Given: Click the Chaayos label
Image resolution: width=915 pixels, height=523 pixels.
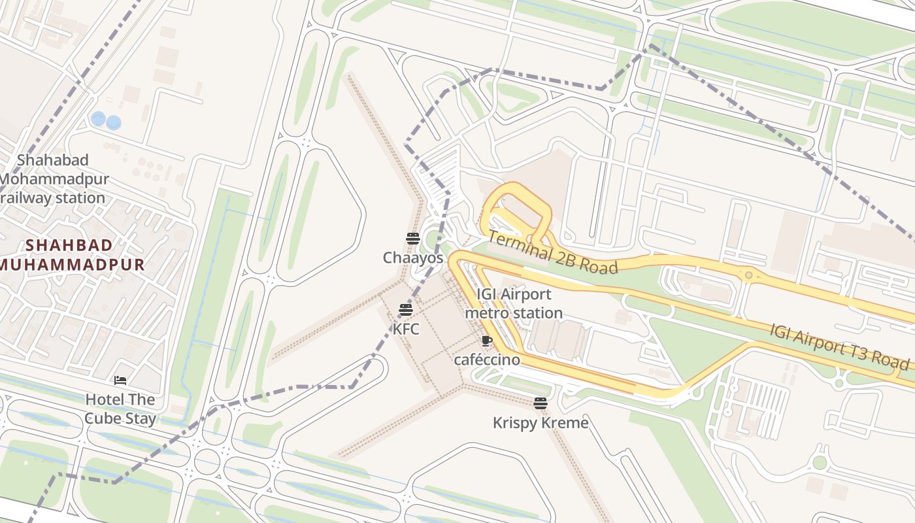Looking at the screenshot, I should pos(413,258).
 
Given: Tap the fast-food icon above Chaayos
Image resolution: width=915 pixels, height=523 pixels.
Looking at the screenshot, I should pos(412,239).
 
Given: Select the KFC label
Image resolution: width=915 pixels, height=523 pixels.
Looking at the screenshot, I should pos(406,329).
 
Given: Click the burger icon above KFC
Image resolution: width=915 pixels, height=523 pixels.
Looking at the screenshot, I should pos(406,309).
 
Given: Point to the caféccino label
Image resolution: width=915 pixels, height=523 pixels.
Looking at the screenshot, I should pos(487,360).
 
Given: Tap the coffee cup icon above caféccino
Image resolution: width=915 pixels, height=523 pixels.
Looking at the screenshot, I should pos(486,341).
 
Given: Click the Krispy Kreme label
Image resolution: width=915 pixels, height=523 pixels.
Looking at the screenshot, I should pos(541,423).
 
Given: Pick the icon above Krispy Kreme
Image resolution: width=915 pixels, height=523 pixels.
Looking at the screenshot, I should pos(540,403).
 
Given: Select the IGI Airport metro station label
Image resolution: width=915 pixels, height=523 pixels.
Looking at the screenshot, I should pos(514,303).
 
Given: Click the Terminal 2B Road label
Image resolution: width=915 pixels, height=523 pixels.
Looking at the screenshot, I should pos(552,253).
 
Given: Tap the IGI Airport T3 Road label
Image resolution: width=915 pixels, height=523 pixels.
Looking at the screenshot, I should pos(839,346).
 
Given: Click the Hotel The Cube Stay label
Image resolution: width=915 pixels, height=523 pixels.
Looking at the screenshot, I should pos(121,409).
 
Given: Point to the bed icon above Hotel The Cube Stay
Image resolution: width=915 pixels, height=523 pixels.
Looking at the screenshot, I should pos(120,380).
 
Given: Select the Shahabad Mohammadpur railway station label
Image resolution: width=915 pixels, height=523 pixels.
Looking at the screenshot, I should pos(54,178).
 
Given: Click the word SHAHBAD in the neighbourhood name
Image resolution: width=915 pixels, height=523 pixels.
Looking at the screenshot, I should pos(69,245).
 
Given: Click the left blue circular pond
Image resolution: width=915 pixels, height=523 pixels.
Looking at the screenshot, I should pos(98,119).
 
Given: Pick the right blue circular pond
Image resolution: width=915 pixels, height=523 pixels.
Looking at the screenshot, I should pos(114,122).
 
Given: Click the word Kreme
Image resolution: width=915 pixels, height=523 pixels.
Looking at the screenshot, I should pos(565,423).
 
